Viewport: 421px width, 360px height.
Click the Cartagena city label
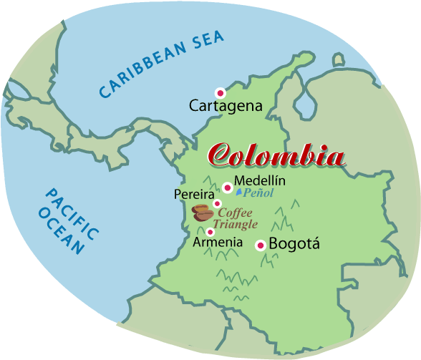click(226, 107)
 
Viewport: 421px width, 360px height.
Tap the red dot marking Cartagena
click(221, 92)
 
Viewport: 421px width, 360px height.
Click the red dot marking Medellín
click(227, 188)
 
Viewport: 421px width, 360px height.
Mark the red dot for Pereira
click(217, 204)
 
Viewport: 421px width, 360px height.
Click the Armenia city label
click(218, 243)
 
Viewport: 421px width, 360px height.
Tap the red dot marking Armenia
click(210, 232)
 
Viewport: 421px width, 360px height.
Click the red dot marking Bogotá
click(261, 245)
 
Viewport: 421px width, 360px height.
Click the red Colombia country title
click(276, 155)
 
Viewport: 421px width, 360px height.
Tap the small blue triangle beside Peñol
click(239, 193)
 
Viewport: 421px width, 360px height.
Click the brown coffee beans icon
click(203, 213)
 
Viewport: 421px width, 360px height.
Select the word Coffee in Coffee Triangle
click(236, 213)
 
